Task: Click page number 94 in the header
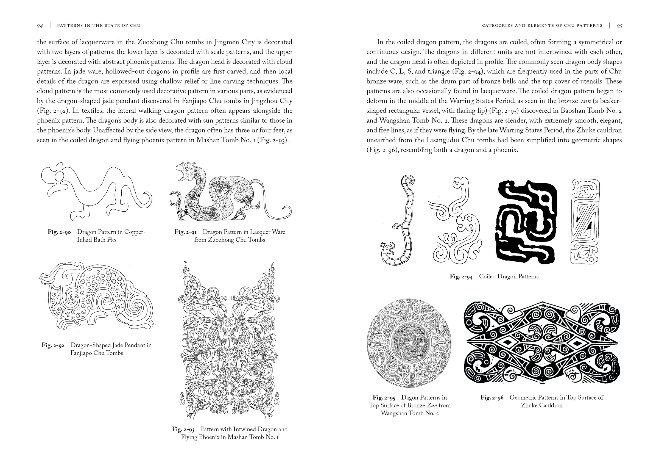click(40, 26)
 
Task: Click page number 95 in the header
click(619, 26)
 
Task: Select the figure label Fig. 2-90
click(59, 232)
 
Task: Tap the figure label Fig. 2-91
click(186, 232)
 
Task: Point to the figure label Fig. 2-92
click(53, 345)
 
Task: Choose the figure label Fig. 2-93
click(183, 429)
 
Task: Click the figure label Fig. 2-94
click(461, 276)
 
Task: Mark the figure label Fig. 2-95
click(384, 397)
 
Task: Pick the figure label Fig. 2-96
click(492, 397)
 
